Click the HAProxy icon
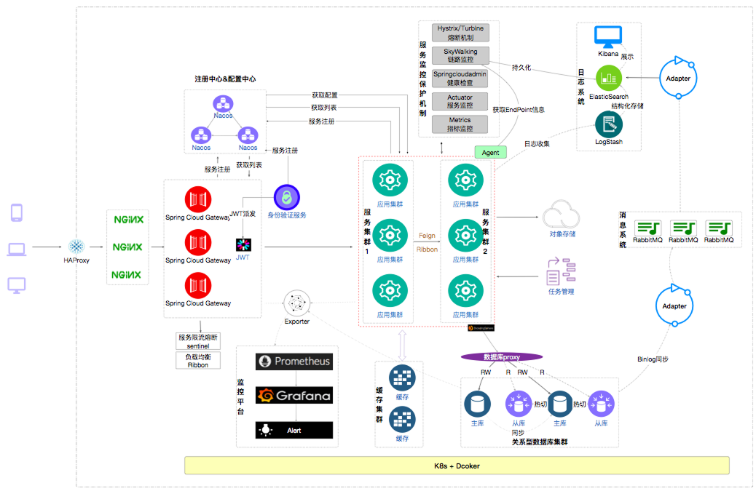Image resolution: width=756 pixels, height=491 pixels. pos(76,246)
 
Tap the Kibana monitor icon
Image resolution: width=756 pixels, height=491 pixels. pos(607,37)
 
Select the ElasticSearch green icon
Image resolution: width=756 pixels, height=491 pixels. pos(607,78)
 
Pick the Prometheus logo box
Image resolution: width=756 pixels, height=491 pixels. pos(294,362)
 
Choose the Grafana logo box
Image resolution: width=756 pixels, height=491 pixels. pos(294,396)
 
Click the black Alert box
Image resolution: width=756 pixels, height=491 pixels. pos(294,430)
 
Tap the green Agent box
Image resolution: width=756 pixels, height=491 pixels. pos(490,153)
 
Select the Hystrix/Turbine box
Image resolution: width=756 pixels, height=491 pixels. pos(460,33)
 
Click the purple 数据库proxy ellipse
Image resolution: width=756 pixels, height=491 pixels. pos(502,357)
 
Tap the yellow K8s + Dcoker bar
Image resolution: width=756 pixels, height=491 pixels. pos(457,466)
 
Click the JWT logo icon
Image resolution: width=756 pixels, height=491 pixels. pos(243,244)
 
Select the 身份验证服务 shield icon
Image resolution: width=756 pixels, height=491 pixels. pos(287,197)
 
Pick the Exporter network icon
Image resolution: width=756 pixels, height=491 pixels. pos(296,302)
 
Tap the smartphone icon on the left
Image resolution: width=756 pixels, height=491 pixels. pos(16,212)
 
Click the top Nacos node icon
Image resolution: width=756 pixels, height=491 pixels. pos(223,103)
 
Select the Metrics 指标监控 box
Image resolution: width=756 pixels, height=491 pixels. pos(460,124)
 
